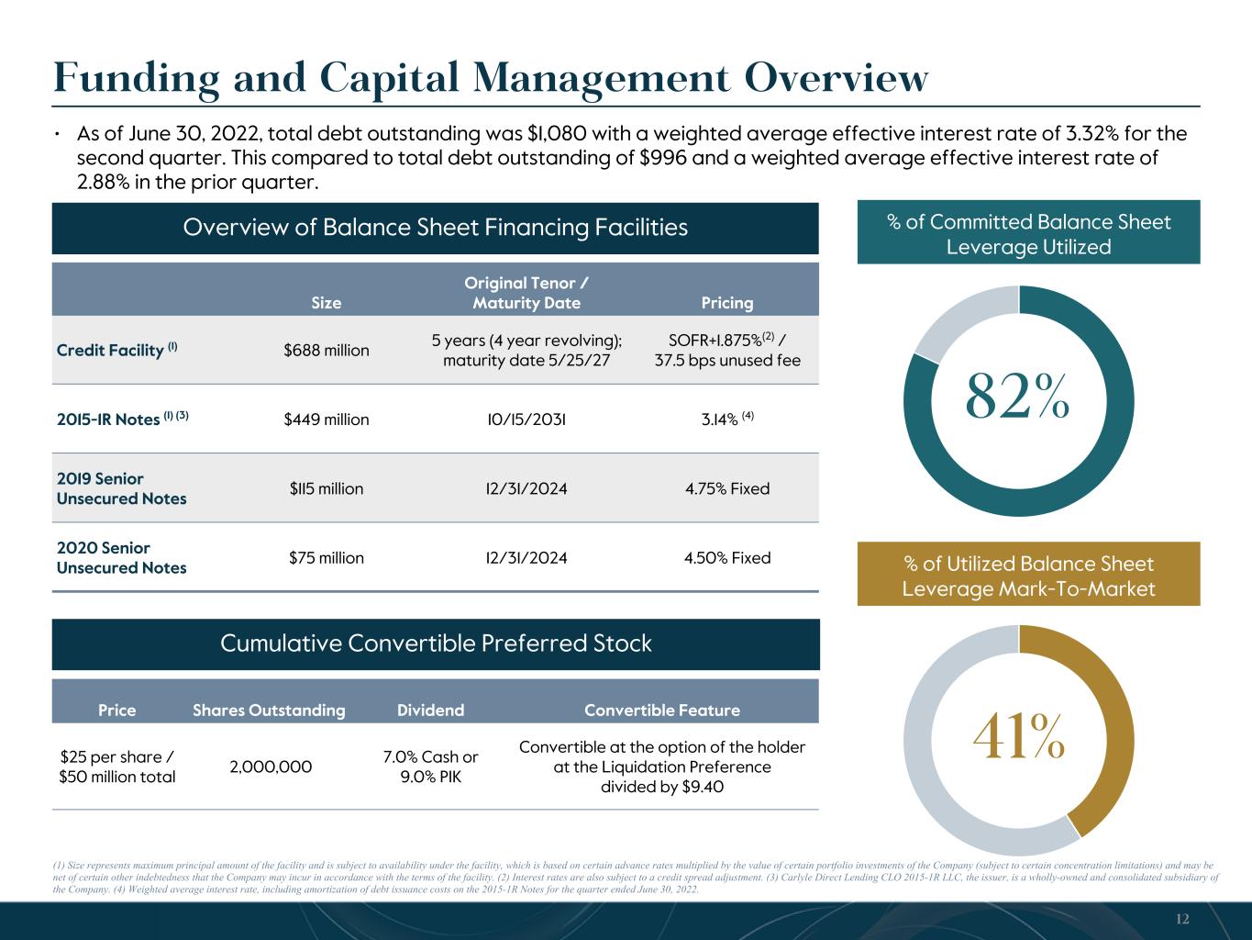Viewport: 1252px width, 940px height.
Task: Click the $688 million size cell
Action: pyautogui.click(x=327, y=350)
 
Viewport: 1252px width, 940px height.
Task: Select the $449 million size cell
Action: pyautogui.click(x=327, y=420)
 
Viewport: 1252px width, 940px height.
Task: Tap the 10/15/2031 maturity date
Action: pyautogui.click(x=526, y=420)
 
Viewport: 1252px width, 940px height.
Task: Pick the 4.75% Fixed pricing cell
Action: pyautogui.click(x=727, y=488)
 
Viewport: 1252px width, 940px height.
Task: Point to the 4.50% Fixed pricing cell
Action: pyautogui.click(x=727, y=557)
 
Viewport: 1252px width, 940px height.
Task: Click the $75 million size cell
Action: pyautogui.click(x=327, y=557)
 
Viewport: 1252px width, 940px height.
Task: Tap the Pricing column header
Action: pyautogui.click(x=727, y=303)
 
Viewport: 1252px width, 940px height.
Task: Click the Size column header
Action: pyautogui.click(x=327, y=303)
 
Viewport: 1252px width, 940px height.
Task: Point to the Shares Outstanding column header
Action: pyautogui.click(x=269, y=710)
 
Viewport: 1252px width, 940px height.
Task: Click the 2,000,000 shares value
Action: pyautogui.click(x=271, y=767)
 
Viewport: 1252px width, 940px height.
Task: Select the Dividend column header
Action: pyautogui.click(x=431, y=710)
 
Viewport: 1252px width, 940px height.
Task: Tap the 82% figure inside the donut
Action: pyautogui.click(x=1017, y=397)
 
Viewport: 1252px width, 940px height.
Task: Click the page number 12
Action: pyautogui.click(x=1182, y=919)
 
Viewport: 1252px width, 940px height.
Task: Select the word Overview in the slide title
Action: pyautogui.click(x=837, y=78)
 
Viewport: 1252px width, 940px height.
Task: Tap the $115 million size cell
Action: pyautogui.click(x=327, y=488)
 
